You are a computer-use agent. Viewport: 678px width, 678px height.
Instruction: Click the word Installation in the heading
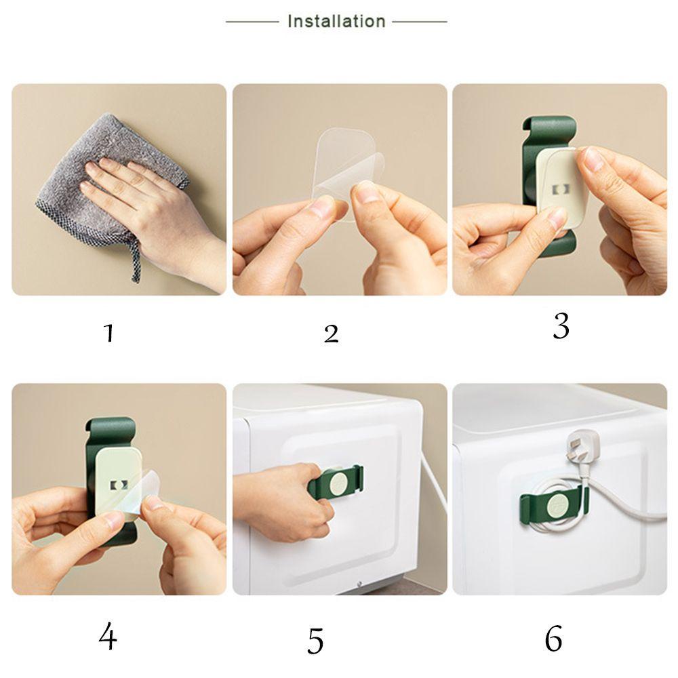pos(336,21)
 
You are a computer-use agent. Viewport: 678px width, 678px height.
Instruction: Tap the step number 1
pos(109,333)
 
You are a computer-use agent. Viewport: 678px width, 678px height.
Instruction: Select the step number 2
pos(332,334)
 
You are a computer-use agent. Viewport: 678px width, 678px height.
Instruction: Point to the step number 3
pos(561,326)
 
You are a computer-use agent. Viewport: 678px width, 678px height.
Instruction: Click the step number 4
pos(108,636)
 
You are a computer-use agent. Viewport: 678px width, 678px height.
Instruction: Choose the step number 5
pos(316,641)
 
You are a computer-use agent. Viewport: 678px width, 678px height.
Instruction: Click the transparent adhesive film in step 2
pos(346,173)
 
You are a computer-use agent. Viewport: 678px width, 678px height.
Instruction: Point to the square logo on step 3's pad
pos(561,189)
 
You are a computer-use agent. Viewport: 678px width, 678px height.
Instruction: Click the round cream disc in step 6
pos(557,506)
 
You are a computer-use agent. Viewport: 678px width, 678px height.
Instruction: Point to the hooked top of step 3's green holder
pos(549,126)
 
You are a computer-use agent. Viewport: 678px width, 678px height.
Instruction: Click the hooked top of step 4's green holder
pos(111,427)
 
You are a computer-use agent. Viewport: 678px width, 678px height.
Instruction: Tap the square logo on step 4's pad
pos(119,485)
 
